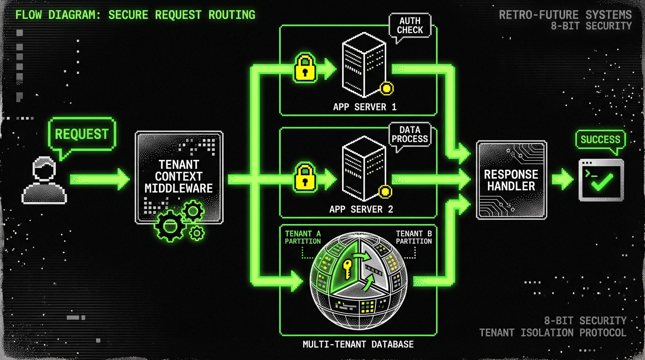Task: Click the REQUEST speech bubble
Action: pos(82,134)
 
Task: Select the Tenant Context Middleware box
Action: pos(179,177)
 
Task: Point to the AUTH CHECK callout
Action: pos(410,26)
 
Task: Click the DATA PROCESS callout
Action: pos(410,134)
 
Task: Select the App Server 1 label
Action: pos(365,107)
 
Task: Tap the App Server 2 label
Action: pos(361,209)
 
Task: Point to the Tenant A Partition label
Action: pos(303,237)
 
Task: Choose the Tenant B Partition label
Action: pos(414,237)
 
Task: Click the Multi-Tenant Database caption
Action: pos(358,345)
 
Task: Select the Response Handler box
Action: pos(511,180)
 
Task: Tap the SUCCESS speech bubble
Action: pos(600,139)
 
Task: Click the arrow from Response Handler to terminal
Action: pos(562,180)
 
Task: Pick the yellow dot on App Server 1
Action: pos(386,88)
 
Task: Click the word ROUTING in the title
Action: pos(232,15)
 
